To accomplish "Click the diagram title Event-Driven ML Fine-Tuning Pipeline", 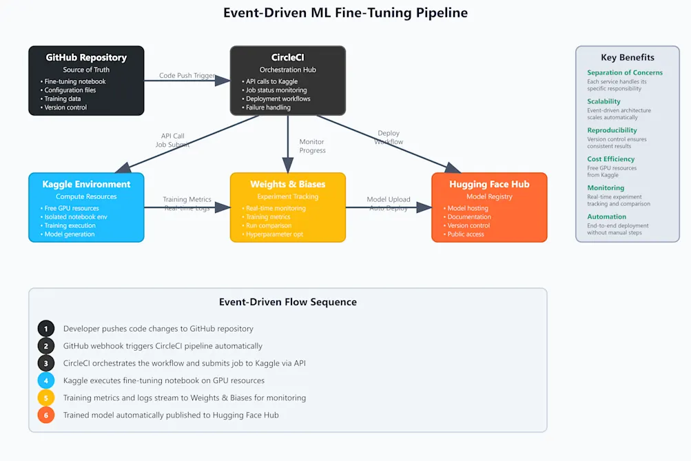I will (345, 13).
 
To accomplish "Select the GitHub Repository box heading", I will (86, 58).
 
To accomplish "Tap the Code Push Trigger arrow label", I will (187, 76).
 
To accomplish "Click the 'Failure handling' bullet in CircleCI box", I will (268, 107).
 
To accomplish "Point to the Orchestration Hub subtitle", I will (287, 70).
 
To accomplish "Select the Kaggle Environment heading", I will (86, 185).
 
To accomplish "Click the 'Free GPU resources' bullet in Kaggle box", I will (72, 208).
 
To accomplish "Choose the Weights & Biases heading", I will (287, 185).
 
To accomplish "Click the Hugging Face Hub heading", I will (489, 185).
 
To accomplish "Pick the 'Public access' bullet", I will (466, 234).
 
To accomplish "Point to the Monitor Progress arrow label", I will (312, 146).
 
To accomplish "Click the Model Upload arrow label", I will (389, 200).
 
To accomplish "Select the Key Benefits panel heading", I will (627, 58).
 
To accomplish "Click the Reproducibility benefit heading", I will (612, 130).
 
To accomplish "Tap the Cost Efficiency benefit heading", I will (610, 159).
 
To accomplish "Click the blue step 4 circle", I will (46, 380).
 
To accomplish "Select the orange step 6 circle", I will (46, 415).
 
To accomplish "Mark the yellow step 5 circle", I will (46, 398).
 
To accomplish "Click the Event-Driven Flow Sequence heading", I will (287, 302).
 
